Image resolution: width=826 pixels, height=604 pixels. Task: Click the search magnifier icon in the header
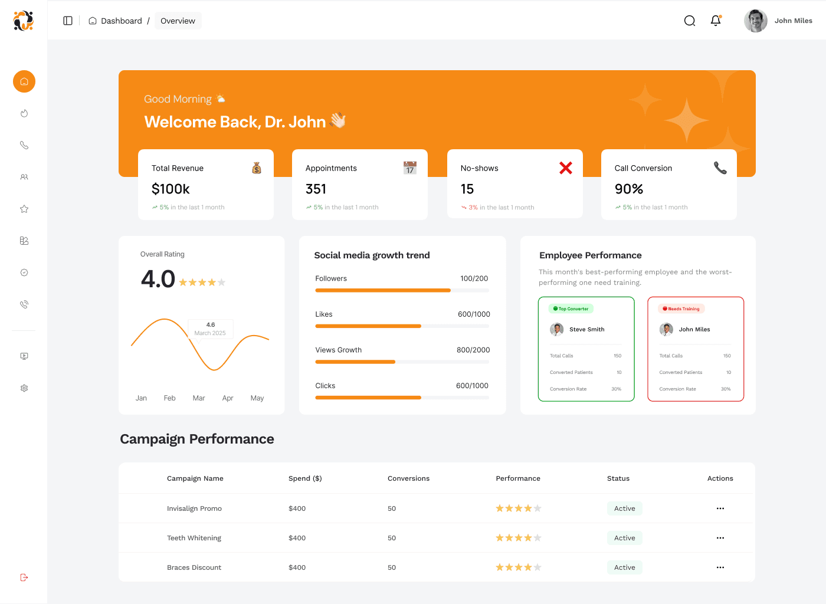(690, 21)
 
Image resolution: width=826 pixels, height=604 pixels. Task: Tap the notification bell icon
(716, 20)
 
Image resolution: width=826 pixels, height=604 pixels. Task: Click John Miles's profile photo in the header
(756, 21)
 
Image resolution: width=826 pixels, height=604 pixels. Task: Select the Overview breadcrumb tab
(178, 21)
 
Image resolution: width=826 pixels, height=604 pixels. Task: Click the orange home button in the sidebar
(24, 81)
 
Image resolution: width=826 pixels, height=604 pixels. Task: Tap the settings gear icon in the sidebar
(24, 388)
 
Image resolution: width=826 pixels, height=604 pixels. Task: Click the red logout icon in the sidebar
(24, 577)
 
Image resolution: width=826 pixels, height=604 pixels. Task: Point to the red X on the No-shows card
(566, 168)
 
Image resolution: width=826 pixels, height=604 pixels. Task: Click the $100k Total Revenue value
(171, 189)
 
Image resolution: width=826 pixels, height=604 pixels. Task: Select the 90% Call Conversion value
(629, 189)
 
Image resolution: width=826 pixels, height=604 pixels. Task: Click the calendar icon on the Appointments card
(409, 168)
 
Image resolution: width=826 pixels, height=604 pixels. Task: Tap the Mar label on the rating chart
(198, 398)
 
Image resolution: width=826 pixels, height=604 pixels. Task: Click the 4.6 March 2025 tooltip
(210, 329)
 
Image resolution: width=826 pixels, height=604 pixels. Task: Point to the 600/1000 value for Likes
(474, 314)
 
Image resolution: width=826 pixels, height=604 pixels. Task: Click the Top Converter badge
(571, 308)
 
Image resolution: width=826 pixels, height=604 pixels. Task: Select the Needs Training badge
(681, 308)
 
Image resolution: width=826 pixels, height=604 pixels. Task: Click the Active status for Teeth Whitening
(625, 537)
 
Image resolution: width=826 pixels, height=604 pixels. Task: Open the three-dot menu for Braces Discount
(720, 567)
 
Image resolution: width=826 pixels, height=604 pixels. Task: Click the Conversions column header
(408, 478)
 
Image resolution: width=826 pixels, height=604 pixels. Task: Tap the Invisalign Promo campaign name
(194, 508)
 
